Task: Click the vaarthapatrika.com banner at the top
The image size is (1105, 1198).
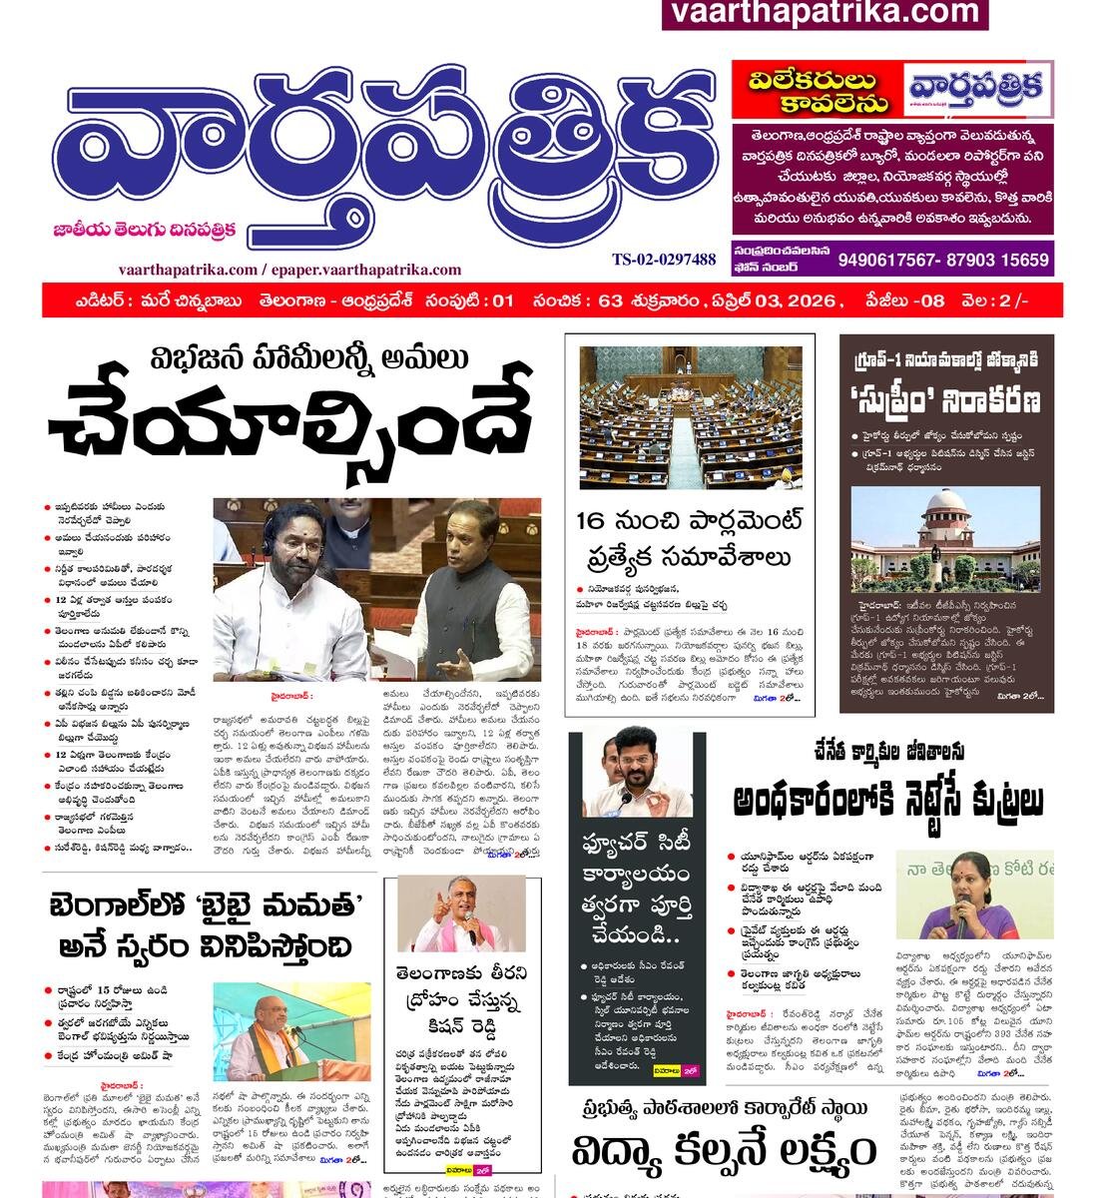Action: coord(825,13)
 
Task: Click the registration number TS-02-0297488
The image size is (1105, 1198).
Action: coord(664,260)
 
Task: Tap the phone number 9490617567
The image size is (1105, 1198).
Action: coord(889,261)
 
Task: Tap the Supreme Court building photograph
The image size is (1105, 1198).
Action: coord(945,539)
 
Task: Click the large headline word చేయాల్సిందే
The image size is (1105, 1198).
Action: coord(289,420)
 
